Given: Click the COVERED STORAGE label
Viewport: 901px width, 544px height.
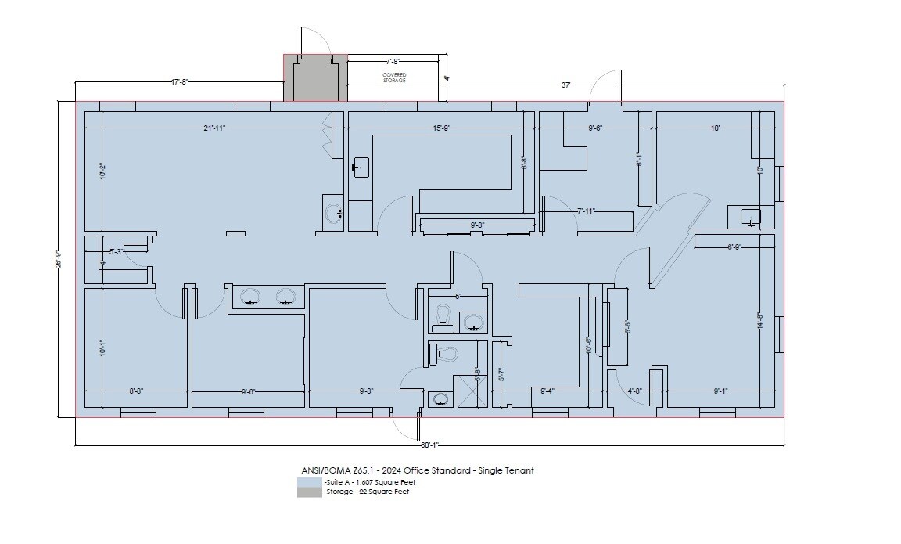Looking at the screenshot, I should (394, 77).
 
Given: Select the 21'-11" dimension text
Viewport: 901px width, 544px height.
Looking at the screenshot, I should (215, 128).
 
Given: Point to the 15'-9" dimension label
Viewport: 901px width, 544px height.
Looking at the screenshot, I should (441, 128).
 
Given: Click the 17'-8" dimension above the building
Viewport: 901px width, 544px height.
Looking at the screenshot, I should (179, 81).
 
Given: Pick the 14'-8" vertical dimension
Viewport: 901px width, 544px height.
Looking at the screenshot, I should (759, 322).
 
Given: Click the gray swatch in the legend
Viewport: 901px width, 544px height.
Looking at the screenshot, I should (310, 492).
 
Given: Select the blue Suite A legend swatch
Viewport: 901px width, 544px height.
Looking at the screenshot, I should (310, 482).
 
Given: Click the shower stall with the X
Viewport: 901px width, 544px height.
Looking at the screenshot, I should (472, 391).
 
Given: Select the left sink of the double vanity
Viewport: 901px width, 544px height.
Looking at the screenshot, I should (251, 297).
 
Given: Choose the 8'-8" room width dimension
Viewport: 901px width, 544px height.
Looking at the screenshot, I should (136, 391).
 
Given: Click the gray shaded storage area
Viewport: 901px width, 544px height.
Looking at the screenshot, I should (315, 79).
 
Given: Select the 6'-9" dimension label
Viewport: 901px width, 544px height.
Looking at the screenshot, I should (734, 247).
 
